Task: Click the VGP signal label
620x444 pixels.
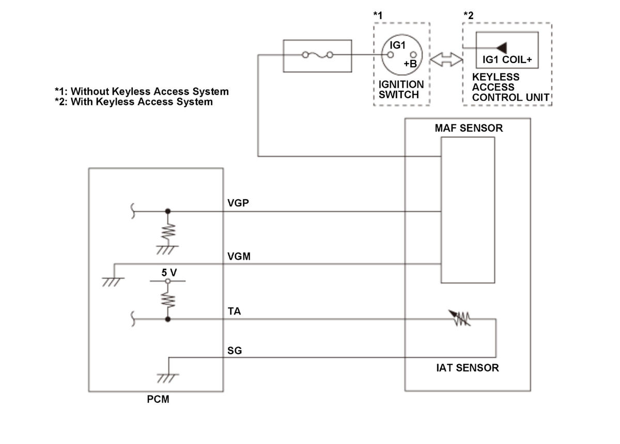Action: pyautogui.click(x=238, y=203)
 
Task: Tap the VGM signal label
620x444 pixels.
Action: pyautogui.click(x=239, y=256)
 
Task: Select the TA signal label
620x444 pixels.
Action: pyautogui.click(x=234, y=312)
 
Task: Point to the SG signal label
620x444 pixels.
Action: pyautogui.click(x=235, y=351)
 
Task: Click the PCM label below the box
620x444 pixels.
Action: pyautogui.click(x=158, y=399)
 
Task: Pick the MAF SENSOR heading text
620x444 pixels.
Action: pyautogui.click(x=469, y=128)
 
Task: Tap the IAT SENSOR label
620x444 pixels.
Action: pyautogui.click(x=467, y=368)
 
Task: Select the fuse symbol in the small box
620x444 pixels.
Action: pyautogui.click(x=318, y=55)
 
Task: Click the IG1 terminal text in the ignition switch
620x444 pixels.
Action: pyautogui.click(x=398, y=45)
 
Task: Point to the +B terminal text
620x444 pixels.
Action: pyautogui.click(x=410, y=64)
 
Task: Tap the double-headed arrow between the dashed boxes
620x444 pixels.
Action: pyautogui.click(x=446, y=60)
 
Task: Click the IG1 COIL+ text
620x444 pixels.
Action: pyautogui.click(x=507, y=60)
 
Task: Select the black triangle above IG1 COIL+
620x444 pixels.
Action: pyautogui.click(x=500, y=47)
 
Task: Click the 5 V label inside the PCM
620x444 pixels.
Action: pyautogui.click(x=168, y=273)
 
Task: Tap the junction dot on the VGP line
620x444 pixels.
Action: pyautogui.click(x=167, y=211)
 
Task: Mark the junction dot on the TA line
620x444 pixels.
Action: pyautogui.click(x=167, y=319)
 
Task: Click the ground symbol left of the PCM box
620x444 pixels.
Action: pyautogui.click(x=114, y=282)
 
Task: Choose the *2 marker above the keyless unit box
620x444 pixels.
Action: pyautogui.click(x=468, y=15)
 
